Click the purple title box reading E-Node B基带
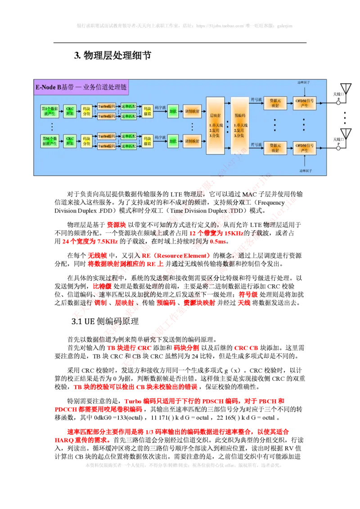point(81,88)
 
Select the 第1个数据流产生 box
point(50,111)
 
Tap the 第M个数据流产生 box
point(50,140)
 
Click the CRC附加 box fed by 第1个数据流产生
point(70,111)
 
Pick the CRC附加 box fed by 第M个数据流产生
point(70,140)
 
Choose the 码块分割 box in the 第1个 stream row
point(86,111)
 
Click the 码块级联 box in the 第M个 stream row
point(147,140)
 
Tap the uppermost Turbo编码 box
point(107,107)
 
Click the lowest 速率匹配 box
point(129,146)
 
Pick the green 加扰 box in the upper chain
point(173,111)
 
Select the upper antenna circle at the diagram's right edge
point(338,103)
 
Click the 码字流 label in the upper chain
point(160,107)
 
